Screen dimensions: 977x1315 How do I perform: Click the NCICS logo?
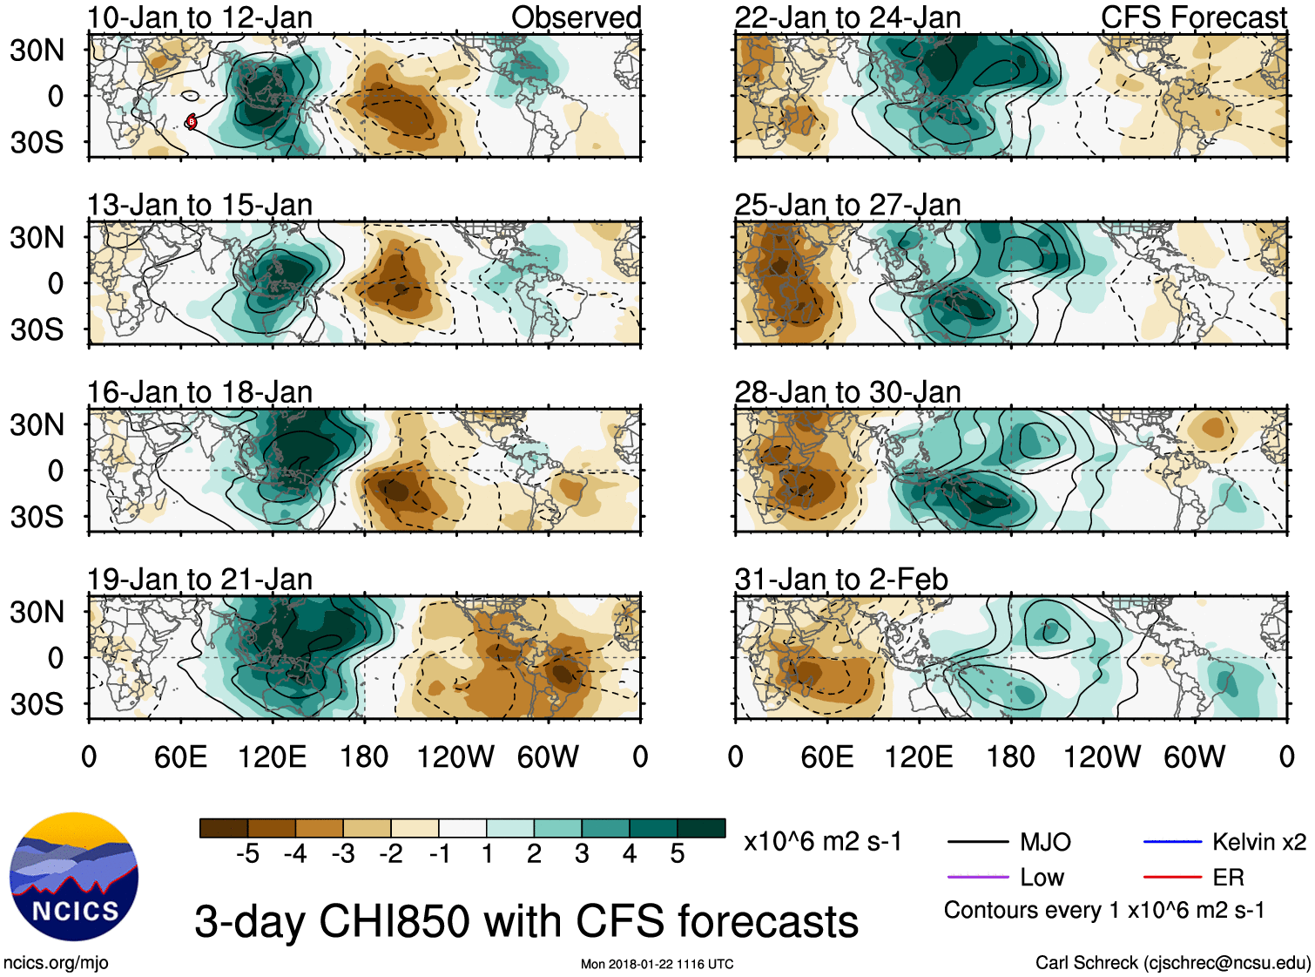[74, 877]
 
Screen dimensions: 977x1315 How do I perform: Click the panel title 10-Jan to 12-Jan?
[199, 17]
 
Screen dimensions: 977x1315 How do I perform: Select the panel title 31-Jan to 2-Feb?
[841, 580]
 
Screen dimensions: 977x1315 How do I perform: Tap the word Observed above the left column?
[576, 17]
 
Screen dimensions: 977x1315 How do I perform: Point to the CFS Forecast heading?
[1193, 17]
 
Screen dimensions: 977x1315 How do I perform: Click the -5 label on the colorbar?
[247, 854]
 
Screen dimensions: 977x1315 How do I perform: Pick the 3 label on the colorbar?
[582, 854]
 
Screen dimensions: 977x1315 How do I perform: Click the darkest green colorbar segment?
[701, 828]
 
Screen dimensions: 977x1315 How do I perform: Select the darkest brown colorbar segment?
[224, 828]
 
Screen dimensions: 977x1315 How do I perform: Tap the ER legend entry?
[1228, 877]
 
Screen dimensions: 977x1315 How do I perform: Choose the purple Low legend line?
[977, 877]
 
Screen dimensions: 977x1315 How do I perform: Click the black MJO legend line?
[977, 842]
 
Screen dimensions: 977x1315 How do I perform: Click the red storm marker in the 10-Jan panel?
[192, 122]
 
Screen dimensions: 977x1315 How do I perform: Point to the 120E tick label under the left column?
[272, 756]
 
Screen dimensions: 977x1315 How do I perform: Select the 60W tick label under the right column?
[1194, 756]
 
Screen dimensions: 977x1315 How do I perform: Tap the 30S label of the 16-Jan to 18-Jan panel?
[37, 517]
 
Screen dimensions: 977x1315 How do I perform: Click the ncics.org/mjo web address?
[56, 962]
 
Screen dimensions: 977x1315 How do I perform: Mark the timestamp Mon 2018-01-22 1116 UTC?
[657, 964]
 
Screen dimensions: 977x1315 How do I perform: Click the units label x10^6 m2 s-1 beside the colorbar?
[823, 842]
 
